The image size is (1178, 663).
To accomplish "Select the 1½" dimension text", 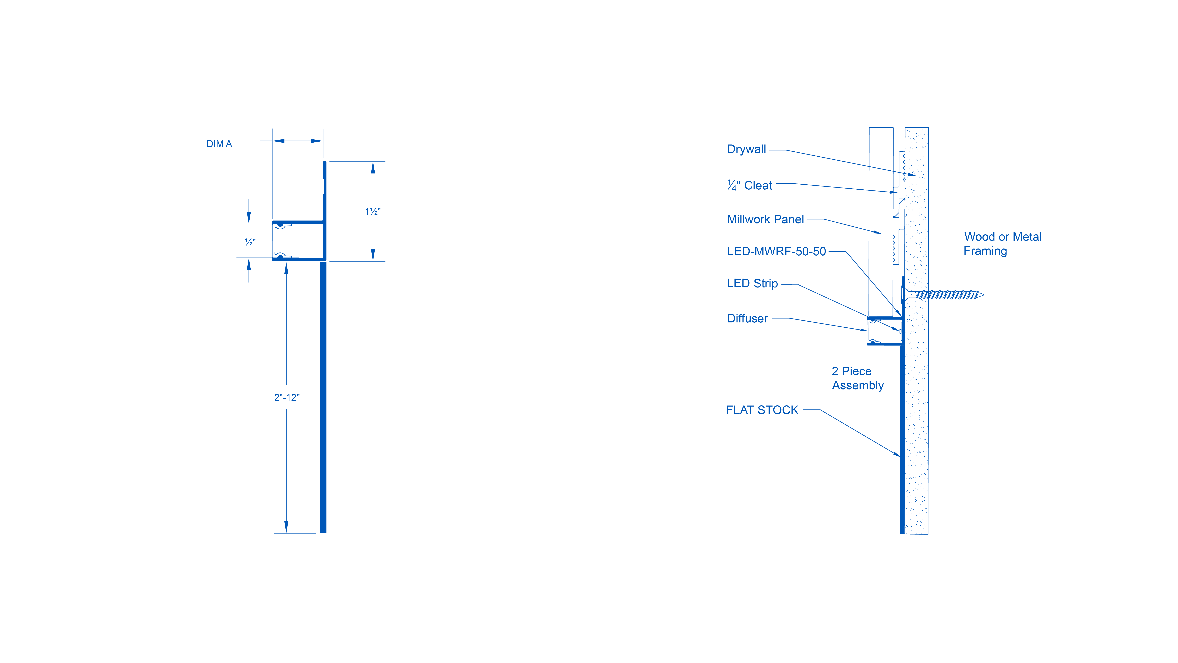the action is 373,211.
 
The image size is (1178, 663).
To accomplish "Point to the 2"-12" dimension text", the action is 287,397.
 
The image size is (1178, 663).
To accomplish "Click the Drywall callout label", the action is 746,149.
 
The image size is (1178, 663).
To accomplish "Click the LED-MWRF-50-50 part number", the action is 776,251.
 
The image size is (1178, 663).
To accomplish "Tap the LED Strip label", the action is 752,283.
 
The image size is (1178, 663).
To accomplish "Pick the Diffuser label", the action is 747,318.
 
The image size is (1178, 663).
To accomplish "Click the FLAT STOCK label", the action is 762,410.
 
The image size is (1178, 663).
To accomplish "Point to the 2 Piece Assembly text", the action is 857,378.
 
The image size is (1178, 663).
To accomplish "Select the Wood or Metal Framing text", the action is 1002,243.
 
